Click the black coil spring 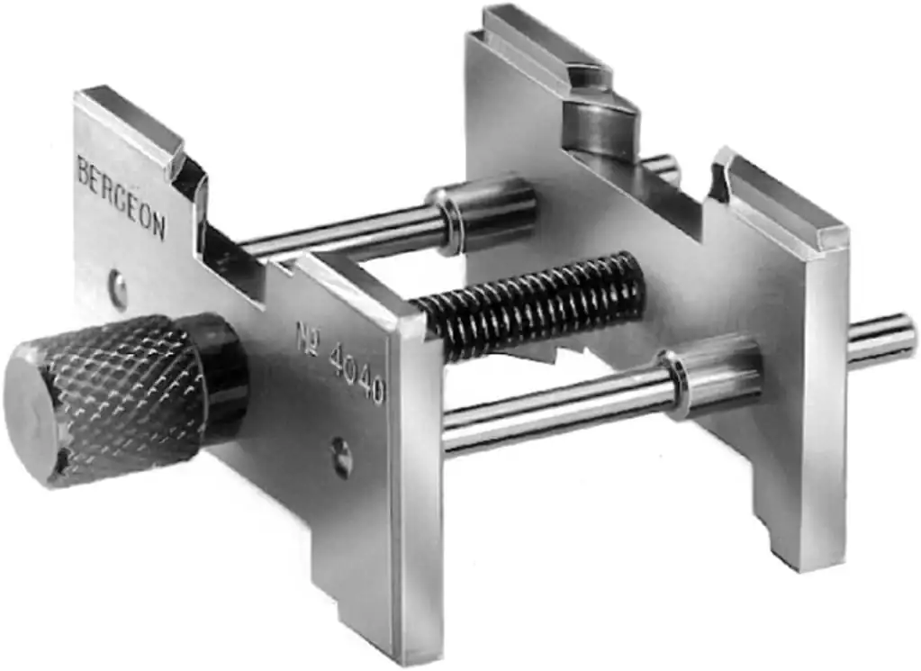528,304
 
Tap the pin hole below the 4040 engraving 341,458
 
